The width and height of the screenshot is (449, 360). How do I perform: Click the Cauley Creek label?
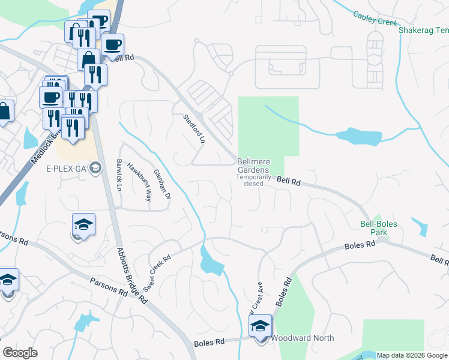coord(375,17)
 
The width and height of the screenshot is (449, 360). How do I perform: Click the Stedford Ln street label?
coord(194,129)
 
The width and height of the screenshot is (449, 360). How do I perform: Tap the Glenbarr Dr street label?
coord(163,183)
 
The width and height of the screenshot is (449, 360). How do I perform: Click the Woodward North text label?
coord(303,338)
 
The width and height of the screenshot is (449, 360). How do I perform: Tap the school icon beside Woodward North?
coord(261,328)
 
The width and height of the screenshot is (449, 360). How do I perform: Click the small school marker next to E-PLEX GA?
coord(95,169)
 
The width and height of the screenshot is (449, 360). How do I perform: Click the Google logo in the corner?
coord(20,353)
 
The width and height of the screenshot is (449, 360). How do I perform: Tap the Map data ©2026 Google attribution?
coord(412,355)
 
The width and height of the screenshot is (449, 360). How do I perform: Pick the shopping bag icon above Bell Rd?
coord(89,59)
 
